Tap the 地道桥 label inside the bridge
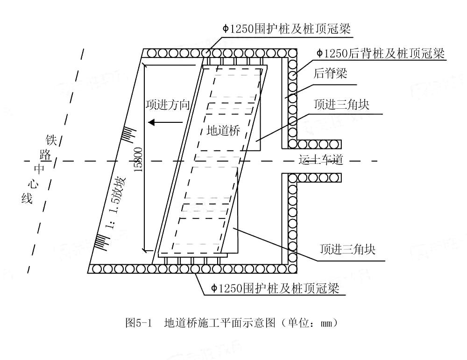coord(223,131)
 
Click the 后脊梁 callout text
coord(330,73)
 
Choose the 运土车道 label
coord(321,161)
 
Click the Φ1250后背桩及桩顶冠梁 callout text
coord(380,53)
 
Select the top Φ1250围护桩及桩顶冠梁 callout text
coord(287,29)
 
